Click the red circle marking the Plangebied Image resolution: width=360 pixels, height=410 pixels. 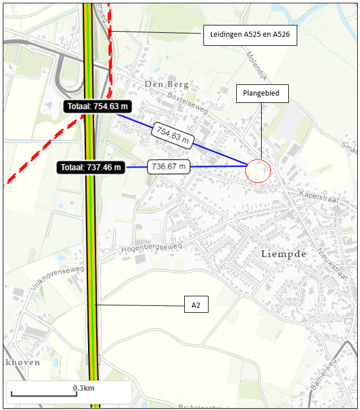(x=258, y=170)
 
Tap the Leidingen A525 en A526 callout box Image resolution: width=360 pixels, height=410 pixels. (x=250, y=34)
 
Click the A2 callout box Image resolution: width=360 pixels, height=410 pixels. (x=196, y=305)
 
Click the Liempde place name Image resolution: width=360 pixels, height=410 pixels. (x=284, y=254)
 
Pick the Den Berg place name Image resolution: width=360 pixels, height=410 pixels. (x=166, y=84)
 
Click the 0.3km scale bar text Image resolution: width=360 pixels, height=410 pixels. (x=83, y=388)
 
